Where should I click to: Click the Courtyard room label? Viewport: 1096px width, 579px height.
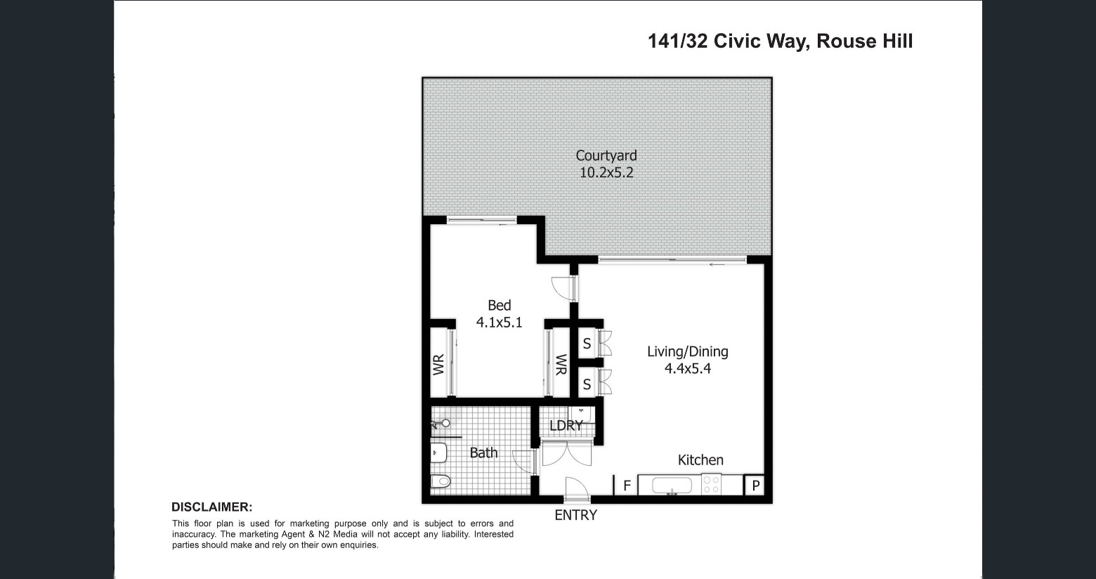click(606, 156)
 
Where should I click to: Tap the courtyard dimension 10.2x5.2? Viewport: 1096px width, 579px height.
click(606, 173)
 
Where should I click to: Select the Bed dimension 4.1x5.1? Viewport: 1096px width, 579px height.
click(499, 323)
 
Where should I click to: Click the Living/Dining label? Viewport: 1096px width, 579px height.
click(687, 352)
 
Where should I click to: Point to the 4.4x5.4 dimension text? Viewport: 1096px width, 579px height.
click(687, 368)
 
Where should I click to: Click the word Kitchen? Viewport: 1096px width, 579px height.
click(700, 460)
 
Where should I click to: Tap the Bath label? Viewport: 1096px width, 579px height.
click(483, 453)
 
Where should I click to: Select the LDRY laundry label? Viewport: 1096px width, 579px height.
click(566, 426)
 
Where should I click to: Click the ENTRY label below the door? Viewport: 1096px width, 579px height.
click(575, 515)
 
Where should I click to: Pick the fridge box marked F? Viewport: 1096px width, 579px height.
click(626, 485)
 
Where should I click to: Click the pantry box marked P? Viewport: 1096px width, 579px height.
click(755, 485)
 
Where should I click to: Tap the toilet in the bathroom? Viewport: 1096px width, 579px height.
click(441, 481)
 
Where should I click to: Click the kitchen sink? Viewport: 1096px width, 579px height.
click(672, 486)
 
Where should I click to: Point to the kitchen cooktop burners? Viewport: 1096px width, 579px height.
click(711, 485)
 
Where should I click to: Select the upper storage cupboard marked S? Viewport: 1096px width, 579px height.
click(587, 344)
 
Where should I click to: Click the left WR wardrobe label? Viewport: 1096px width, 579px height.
click(438, 365)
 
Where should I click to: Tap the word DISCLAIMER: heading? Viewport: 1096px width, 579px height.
click(212, 507)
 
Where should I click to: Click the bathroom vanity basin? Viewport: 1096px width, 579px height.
click(439, 453)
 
